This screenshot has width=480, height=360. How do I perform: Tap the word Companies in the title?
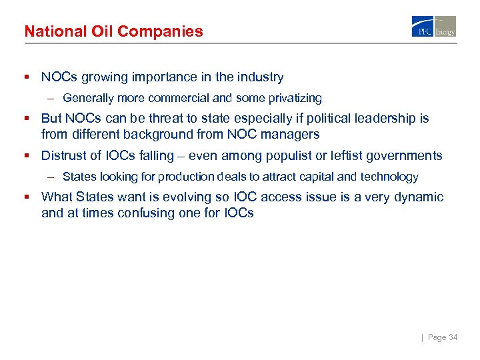click(168, 31)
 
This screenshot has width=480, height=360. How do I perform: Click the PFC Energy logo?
click(433, 26)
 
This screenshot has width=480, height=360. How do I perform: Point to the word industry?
click(260, 77)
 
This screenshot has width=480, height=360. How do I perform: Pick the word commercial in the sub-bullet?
click(181, 99)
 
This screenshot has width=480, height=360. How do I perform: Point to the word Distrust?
click(65, 156)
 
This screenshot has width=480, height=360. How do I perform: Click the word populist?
click(279, 156)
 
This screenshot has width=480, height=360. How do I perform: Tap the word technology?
click(389, 177)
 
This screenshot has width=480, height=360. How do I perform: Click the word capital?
click(317, 177)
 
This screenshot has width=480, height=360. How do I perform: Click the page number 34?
click(453, 337)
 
